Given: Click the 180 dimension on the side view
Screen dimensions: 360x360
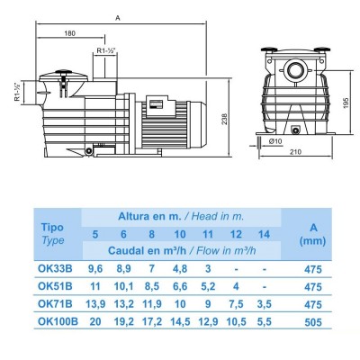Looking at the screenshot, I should (x=69, y=34).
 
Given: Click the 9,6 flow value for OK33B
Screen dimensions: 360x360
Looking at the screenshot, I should (x=95, y=267).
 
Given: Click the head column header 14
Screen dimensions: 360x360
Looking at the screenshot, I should (x=263, y=234).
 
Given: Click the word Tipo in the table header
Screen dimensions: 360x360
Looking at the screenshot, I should (x=54, y=227).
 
